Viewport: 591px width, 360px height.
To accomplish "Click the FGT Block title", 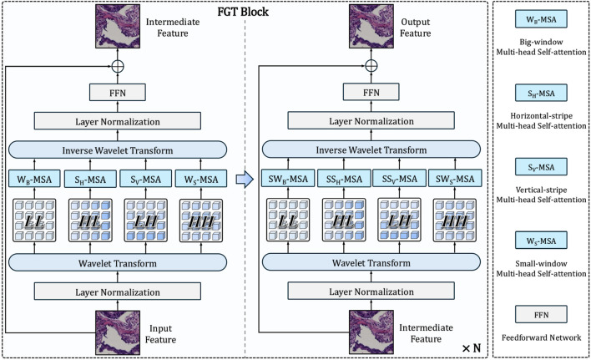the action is pyautogui.click(x=243, y=12).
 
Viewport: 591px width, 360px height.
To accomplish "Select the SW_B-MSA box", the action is pyautogui.click(x=288, y=179).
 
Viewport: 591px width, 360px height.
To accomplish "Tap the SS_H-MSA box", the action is pyautogui.click(x=344, y=179).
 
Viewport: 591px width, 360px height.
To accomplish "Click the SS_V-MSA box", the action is pyautogui.click(x=400, y=179).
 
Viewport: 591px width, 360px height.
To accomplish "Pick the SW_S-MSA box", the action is pyautogui.click(x=455, y=179).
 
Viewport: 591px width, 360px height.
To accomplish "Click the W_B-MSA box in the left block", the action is pyautogui.click(x=34, y=179).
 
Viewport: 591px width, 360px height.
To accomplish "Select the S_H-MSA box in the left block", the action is pyautogui.click(x=90, y=179).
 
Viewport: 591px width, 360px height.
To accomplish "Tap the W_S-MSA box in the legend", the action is pyautogui.click(x=541, y=241).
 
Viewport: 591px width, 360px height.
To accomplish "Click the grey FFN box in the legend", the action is pyautogui.click(x=541, y=314).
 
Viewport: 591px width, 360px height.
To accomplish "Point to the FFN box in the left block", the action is pyautogui.click(x=118, y=93).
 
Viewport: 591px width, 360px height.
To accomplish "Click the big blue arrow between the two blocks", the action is pyautogui.click(x=245, y=179).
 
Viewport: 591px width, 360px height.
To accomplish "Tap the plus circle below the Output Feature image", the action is pyautogui.click(x=371, y=66).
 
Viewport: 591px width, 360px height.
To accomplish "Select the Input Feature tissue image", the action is pyautogui.click(x=118, y=332).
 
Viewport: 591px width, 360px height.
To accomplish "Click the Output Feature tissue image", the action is pyautogui.click(x=371, y=26).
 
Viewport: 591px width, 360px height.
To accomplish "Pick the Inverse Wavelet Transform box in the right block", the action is pyautogui.click(x=371, y=150).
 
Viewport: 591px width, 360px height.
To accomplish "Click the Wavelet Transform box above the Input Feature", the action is pyautogui.click(x=118, y=263).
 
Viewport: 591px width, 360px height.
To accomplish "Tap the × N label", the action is pyautogui.click(x=472, y=348).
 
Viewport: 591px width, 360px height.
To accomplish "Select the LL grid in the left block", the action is pyautogui.click(x=34, y=221).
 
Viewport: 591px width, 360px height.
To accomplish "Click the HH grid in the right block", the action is pyautogui.click(x=455, y=220).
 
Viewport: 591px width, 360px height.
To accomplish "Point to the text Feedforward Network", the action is pyautogui.click(x=541, y=337).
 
